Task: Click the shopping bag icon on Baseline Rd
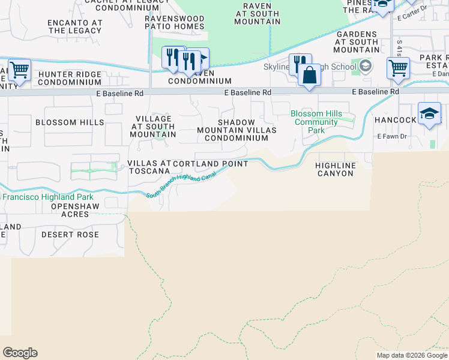click(310, 76)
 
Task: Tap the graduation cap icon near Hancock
click(429, 114)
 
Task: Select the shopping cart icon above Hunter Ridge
click(19, 70)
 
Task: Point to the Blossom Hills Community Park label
click(316, 122)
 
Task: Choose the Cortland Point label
click(210, 164)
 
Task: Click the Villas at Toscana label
click(149, 167)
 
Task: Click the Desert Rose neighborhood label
click(70, 235)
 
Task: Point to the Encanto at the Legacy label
click(75, 26)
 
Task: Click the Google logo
click(20, 353)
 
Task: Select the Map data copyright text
click(412, 355)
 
